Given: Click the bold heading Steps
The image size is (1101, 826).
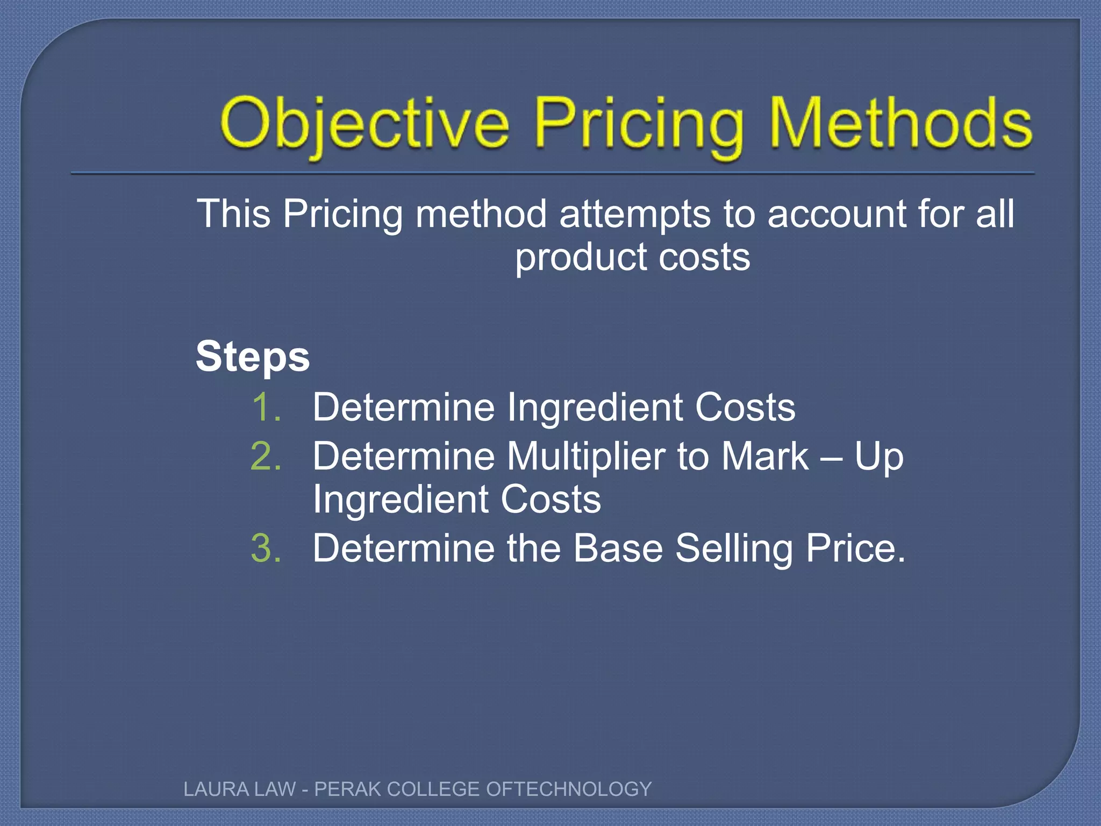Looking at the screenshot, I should pyautogui.click(x=253, y=357).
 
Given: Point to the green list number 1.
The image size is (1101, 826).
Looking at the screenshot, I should pyautogui.click(x=266, y=407).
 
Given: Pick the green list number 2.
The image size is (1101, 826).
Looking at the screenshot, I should pyautogui.click(x=266, y=457).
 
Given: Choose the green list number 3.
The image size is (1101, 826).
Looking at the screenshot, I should pyautogui.click(x=266, y=549).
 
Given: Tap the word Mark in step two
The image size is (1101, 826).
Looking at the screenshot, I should pyautogui.click(x=765, y=457).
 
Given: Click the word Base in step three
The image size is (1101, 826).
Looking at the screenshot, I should pyautogui.click(x=618, y=549).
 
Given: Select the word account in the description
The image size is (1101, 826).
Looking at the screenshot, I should pyautogui.click(x=837, y=214).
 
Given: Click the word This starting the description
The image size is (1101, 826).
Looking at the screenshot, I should pyautogui.click(x=233, y=214).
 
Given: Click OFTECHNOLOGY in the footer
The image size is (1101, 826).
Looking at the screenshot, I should pyautogui.click(x=569, y=789).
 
